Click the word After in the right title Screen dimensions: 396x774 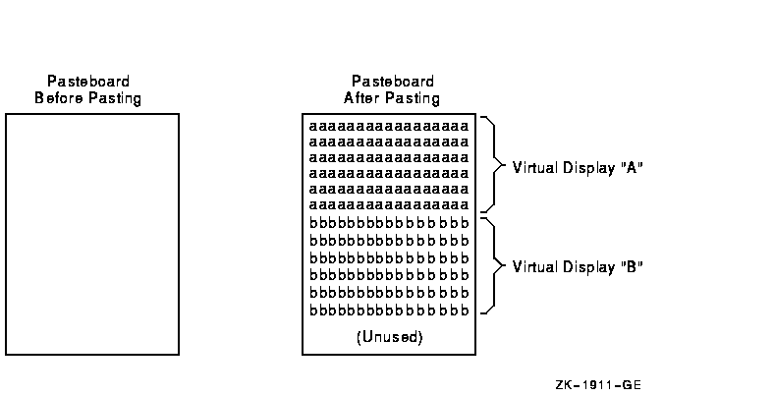[360, 98]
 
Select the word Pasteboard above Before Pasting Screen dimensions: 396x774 [88, 82]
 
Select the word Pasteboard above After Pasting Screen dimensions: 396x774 [392, 82]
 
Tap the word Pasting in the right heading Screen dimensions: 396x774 [411, 98]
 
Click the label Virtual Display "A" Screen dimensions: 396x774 [577, 167]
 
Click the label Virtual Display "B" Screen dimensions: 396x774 [577, 266]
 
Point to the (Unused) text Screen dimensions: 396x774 [389, 337]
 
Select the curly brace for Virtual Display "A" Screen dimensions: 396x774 [492, 166]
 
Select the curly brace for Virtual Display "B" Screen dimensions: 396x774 [492, 265]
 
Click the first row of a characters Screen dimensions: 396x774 [388, 127]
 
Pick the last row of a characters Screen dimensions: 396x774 [388, 204]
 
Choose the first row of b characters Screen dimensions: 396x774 [388, 223]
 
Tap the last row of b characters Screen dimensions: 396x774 [388, 311]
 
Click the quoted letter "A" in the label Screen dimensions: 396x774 [633, 167]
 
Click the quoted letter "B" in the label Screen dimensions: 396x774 [633, 266]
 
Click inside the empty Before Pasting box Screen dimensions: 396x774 [92, 234]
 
